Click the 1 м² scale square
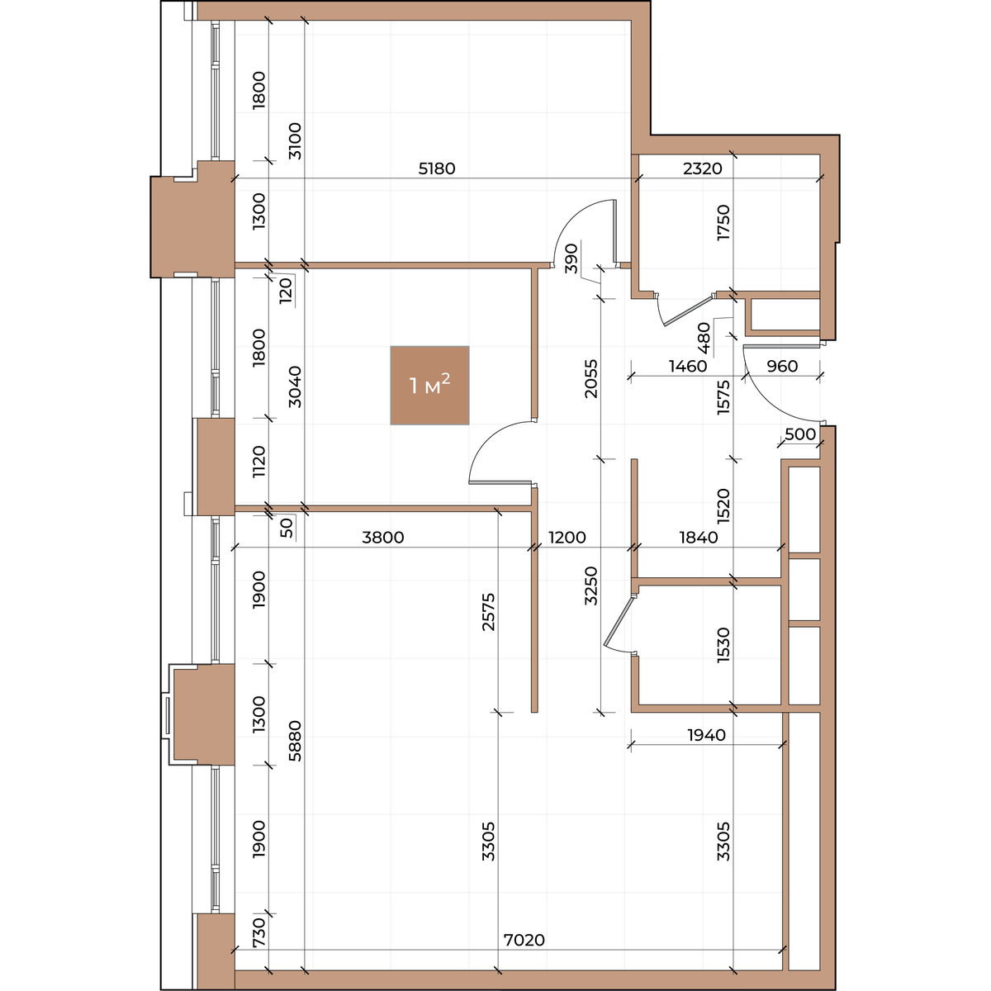429,385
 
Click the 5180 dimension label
437,168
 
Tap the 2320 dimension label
703,168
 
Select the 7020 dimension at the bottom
524,940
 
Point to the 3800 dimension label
383,538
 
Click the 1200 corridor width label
567,538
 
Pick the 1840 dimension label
699,538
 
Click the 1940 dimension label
707,735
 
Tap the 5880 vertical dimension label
295,741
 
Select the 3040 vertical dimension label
295,386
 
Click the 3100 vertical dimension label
295,141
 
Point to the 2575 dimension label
488,612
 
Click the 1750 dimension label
723,222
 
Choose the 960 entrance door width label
782,366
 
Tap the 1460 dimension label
688,366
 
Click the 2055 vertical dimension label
591,378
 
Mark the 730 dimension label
259,932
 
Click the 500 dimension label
800,434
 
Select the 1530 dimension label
723,645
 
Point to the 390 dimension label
571,258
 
